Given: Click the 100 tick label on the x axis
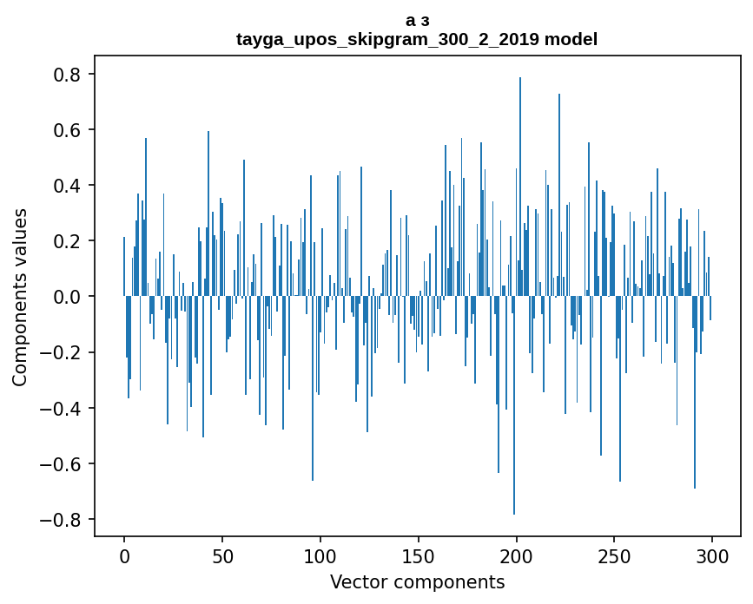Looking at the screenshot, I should pyautogui.click(x=320, y=555).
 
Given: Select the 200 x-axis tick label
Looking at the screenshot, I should pyautogui.click(x=517, y=555).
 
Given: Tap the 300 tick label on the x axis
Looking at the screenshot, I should pyautogui.click(x=713, y=555).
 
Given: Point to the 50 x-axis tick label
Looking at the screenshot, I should pyautogui.click(x=222, y=555).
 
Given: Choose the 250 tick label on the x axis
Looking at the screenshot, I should pyautogui.click(x=615, y=555).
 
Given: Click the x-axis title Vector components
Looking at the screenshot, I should pyautogui.click(x=417, y=581).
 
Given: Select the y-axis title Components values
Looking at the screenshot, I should pyautogui.click(x=21, y=297).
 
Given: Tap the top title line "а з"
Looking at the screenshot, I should pyautogui.click(x=417, y=20).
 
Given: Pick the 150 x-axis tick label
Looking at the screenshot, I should pyautogui.click(x=419, y=555).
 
